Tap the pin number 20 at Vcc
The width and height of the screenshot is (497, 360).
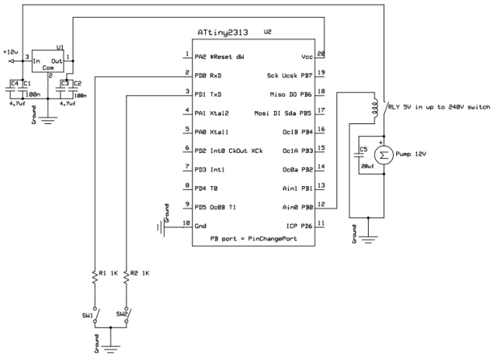322,54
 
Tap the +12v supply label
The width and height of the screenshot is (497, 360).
9,50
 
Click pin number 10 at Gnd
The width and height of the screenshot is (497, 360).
185,223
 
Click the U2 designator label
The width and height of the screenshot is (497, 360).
268,32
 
